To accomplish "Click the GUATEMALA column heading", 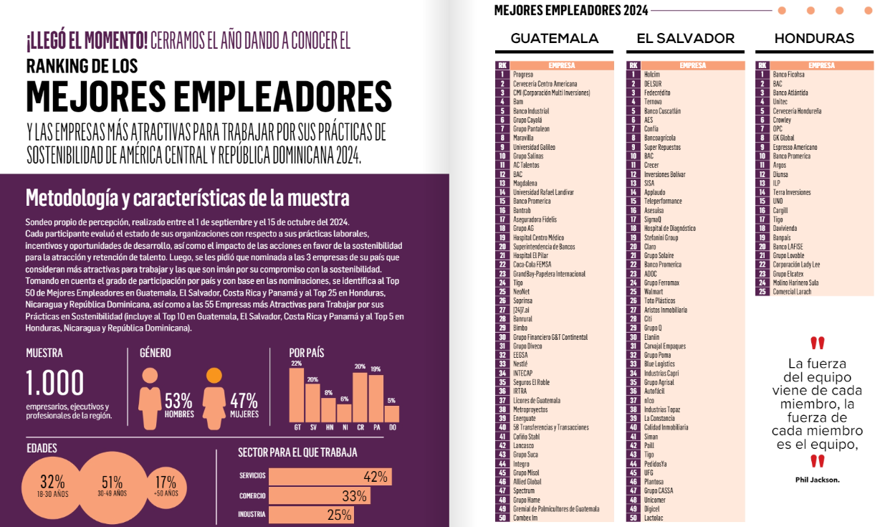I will [554, 39].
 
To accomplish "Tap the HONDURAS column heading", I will [814, 39].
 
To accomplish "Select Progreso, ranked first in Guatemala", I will [523, 75].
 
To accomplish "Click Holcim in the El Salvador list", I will [651, 75].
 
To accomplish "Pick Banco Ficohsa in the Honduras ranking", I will [788, 75].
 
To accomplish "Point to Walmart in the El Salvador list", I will [654, 292].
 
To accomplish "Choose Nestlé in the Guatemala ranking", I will [521, 364].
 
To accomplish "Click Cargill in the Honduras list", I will [781, 210].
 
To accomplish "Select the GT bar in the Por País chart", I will [296, 394].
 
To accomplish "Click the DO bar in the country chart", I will [391, 414].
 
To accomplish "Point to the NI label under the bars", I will [344, 428].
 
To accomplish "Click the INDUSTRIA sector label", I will [252, 515].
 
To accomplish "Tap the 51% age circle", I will [113, 485].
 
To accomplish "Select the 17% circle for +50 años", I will [165, 485].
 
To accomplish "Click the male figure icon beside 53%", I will [150, 397].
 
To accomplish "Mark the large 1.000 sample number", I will [55, 384].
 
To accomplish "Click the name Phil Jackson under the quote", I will [817, 480].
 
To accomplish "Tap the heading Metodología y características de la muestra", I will [187, 197].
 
